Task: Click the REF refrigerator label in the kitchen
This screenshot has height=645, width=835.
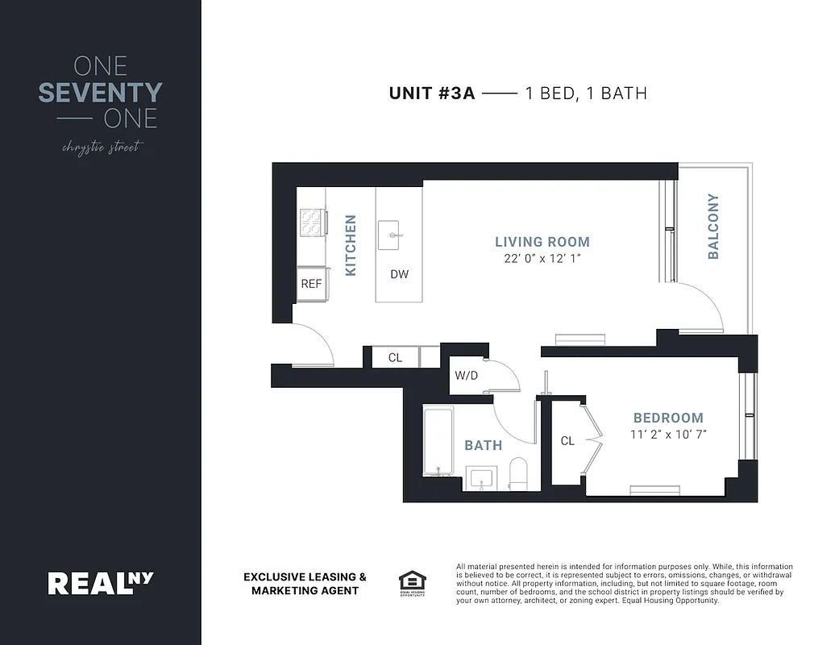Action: point(311,284)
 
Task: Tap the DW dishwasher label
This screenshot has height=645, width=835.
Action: point(399,274)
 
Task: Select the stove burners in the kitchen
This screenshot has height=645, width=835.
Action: point(311,222)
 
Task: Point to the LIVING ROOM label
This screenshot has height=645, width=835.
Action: point(542,242)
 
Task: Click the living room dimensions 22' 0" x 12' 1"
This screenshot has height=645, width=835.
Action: point(542,259)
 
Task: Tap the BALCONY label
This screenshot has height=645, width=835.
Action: point(712,227)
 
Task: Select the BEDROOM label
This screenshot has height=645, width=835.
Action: point(668,418)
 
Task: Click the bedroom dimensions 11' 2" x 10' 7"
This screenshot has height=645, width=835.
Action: point(668,435)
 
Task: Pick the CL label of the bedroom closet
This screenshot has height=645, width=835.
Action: point(567,441)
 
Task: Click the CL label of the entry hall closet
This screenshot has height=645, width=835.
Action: point(395,357)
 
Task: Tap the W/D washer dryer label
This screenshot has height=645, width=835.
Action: point(467,375)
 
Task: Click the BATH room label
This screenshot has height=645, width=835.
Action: point(483,445)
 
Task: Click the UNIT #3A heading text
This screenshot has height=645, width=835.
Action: point(434,94)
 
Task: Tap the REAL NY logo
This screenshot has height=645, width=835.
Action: point(101,582)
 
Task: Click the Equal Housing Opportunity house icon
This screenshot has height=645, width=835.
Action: point(411,580)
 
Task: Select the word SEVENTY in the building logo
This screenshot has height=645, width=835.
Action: point(100,94)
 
